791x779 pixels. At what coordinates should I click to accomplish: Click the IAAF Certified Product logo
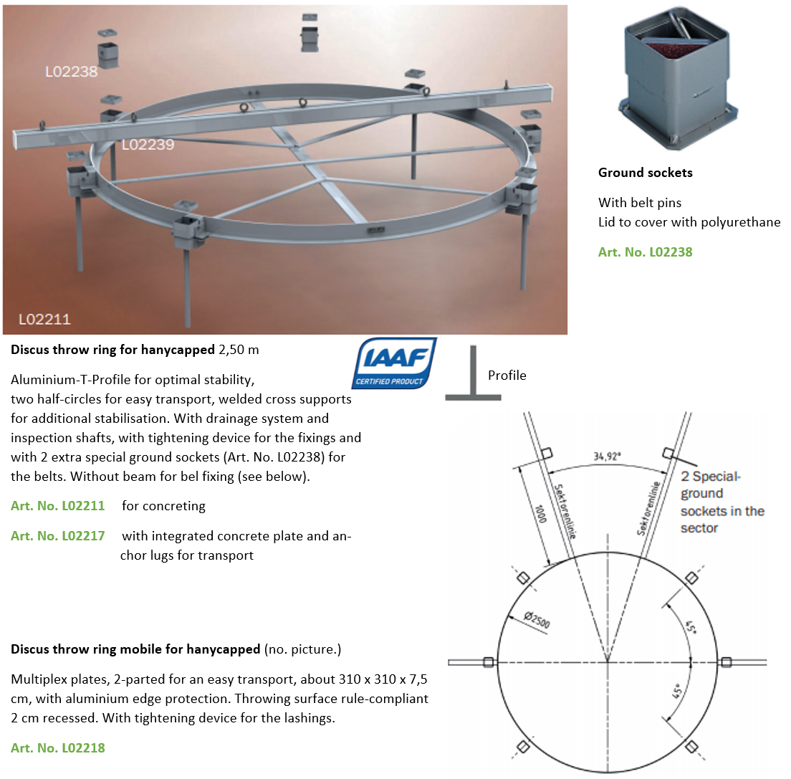pos(393,363)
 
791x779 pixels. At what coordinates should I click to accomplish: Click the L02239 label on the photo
pos(148,145)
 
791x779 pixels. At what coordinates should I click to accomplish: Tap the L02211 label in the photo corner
pos(44,319)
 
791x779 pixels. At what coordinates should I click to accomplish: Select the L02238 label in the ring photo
pos(71,71)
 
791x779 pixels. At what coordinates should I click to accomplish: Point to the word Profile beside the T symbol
pos(507,376)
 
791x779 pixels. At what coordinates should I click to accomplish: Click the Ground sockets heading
pos(645,173)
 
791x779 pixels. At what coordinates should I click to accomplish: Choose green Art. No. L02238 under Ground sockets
pos(645,252)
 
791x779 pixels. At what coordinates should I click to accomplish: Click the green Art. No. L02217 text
pos(57,536)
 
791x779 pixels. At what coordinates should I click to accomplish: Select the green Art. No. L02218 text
pos(57,748)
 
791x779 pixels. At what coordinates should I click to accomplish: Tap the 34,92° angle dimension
pos(607,455)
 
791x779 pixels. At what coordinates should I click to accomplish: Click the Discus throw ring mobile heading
pos(135,650)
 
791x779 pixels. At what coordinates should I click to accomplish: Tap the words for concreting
pos(163,506)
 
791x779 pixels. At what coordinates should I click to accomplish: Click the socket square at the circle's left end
pos(489,661)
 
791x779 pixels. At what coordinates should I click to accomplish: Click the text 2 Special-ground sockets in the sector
pos(722,502)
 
